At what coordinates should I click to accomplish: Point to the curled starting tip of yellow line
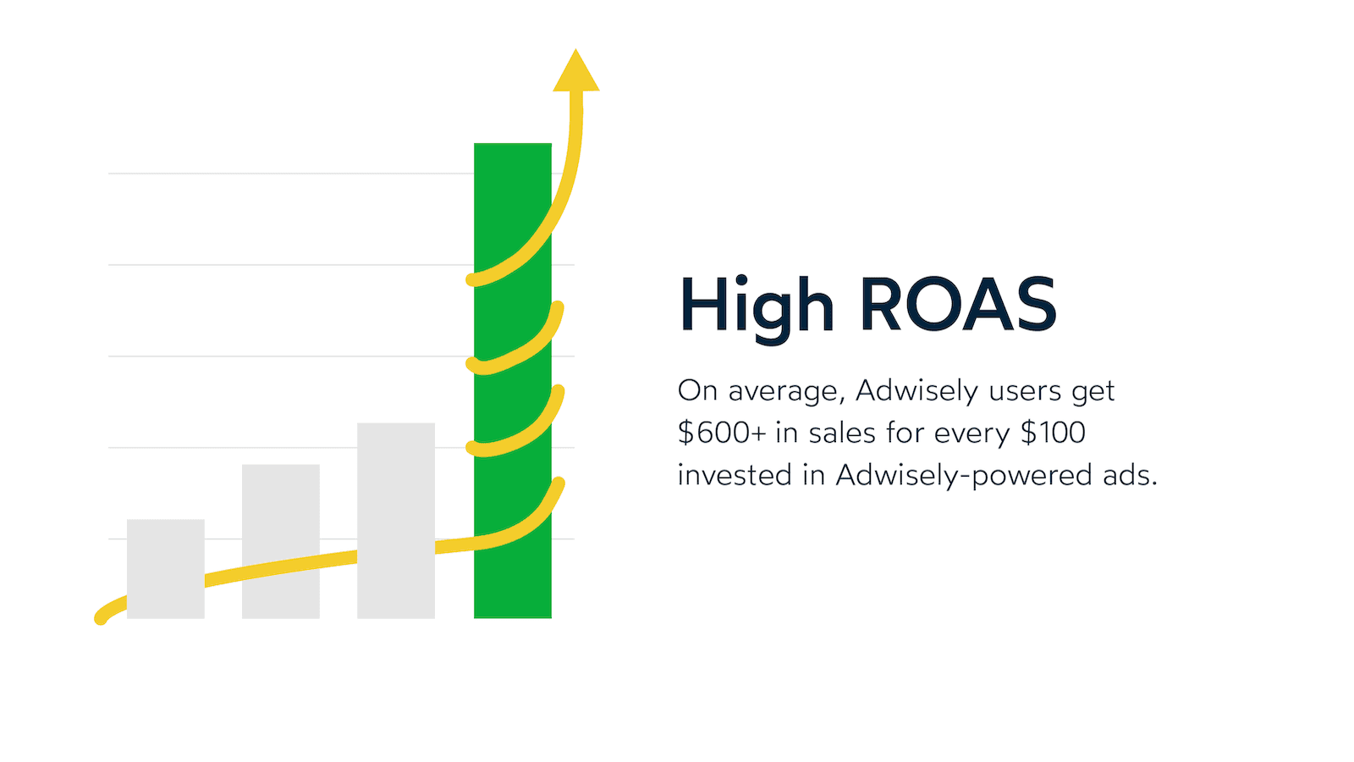click(101, 617)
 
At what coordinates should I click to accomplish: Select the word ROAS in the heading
click(957, 305)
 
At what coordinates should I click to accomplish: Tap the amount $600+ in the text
click(721, 433)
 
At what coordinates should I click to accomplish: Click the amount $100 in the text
click(1053, 433)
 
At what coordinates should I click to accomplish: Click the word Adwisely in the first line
click(916, 390)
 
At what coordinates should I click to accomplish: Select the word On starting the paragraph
click(697, 390)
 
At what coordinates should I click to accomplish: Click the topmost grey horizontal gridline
click(288, 174)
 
